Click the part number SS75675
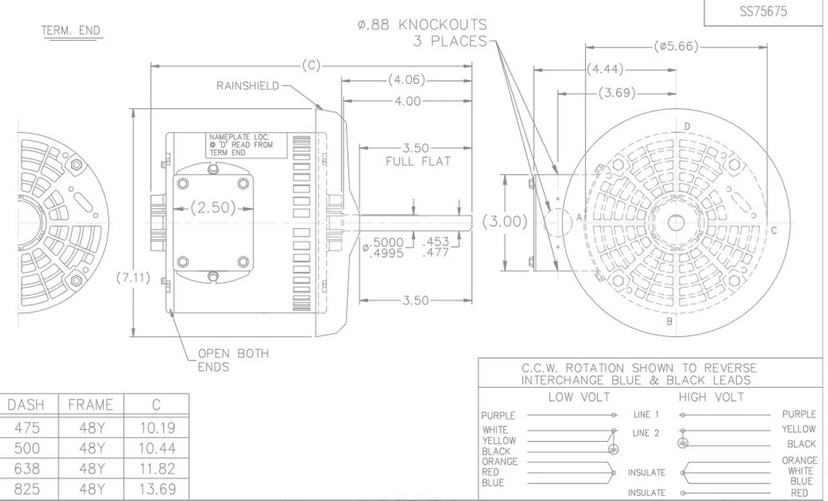pyautogui.click(x=763, y=12)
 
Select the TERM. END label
pyautogui.click(x=72, y=31)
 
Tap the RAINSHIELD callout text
pyautogui.click(x=248, y=86)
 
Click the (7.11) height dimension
pyautogui.click(x=133, y=279)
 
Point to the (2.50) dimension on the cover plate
pyautogui.click(x=213, y=208)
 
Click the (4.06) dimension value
pyautogui.click(x=406, y=81)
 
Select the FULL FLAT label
pyautogui.click(x=418, y=162)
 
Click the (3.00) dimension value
pyautogui.click(x=505, y=222)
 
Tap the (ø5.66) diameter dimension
pyautogui.click(x=677, y=47)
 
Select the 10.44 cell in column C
pyautogui.click(x=157, y=448)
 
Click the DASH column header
pyautogui.click(x=26, y=405)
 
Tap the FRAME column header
pyautogui.click(x=91, y=405)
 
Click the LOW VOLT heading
pyautogui.click(x=579, y=397)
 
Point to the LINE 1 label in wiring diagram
pyautogui.click(x=645, y=414)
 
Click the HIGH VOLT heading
pyautogui.click(x=712, y=397)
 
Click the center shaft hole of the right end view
pyautogui.click(x=676, y=223)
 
